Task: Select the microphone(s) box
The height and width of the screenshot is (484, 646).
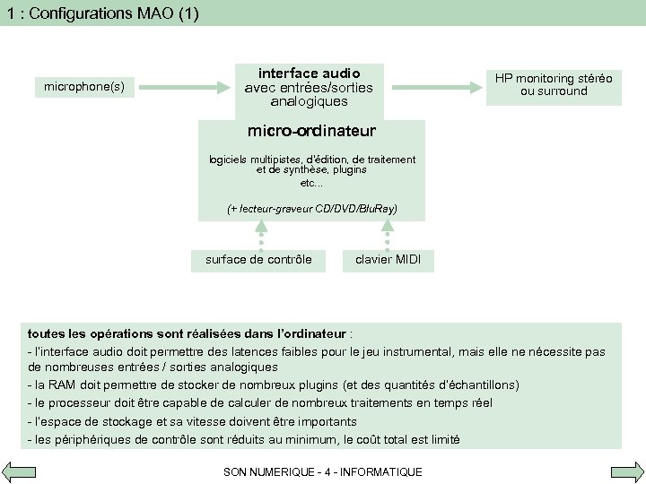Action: tap(84, 87)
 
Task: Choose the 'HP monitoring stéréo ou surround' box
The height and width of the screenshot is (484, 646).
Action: tap(553, 84)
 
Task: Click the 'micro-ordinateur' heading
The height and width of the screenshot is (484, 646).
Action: tap(312, 132)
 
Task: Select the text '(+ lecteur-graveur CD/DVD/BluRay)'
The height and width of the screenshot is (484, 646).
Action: tap(312, 209)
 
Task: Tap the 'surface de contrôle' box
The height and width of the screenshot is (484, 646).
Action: tap(258, 260)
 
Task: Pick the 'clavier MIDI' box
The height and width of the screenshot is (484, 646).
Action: tap(388, 260)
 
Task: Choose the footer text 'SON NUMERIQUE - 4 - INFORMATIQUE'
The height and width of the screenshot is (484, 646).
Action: tap(322, 471)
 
